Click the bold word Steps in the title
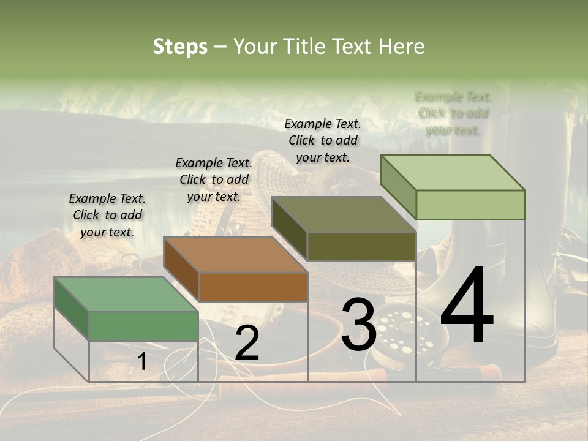point(180,47)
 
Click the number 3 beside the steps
point(358,325)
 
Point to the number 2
point(247,344)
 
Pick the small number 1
point(141,361)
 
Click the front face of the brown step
point(253,287)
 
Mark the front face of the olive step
point(361,246)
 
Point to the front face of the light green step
point(470,205)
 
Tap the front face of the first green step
point(144,326)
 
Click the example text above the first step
point(107,215)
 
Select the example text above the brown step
point(214,179)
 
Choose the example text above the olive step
point(323,140)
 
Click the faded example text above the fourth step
point(453,113)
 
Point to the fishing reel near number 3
point(401,334)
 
